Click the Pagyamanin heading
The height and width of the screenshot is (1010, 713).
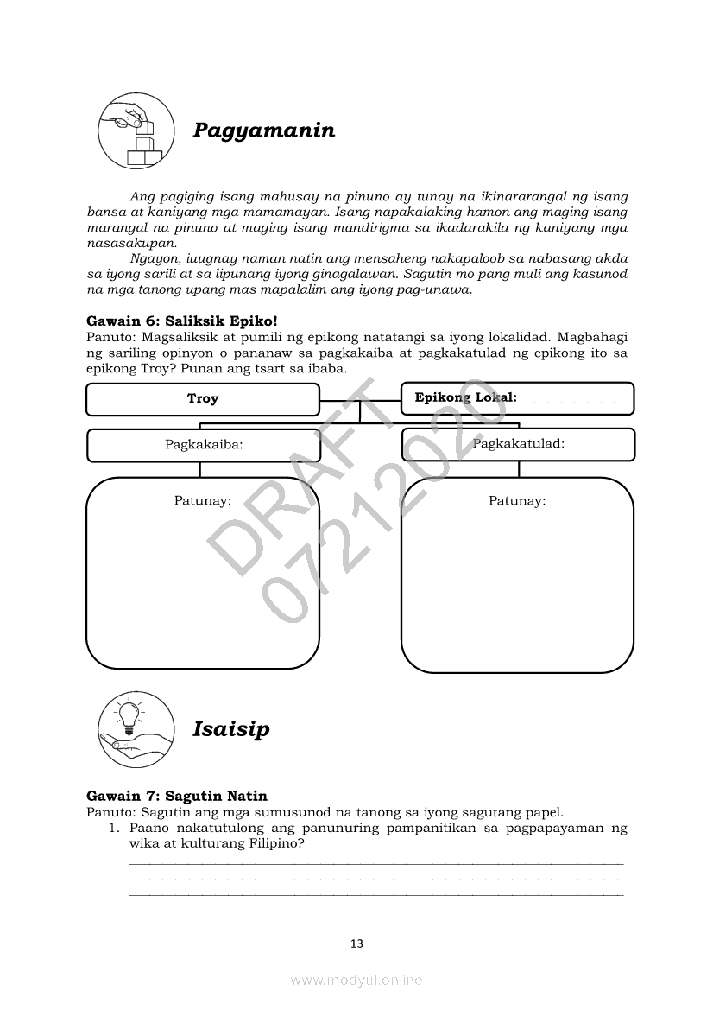pyautogui.click(x=264, y=130)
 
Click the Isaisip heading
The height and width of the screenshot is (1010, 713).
pyautogui.click(x=231, y=729)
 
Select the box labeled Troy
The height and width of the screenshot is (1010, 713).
pyautogui.click(x=203, y=399)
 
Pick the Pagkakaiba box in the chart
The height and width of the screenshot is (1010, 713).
pyautogui.click(x=203, y=445)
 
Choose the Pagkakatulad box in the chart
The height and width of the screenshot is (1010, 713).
pyautogui.click(x=518, y=444)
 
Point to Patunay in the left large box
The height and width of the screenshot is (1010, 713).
pyautogui.click(x=202, y=500)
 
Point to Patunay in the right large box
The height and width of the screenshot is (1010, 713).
pyautogui.click(x=517, y=500)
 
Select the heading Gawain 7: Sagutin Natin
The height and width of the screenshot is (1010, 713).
pyautogui.click(x=177, y=796)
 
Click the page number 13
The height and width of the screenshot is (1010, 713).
pyautogui.click(x=356, y=943)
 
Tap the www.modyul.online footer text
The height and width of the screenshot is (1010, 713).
pyautogui.click(x=356, y=980)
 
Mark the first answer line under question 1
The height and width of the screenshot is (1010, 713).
pyautogui.click(x=375, y=863)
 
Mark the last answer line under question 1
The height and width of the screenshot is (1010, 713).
pyautogui.click(x=375, y=894)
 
